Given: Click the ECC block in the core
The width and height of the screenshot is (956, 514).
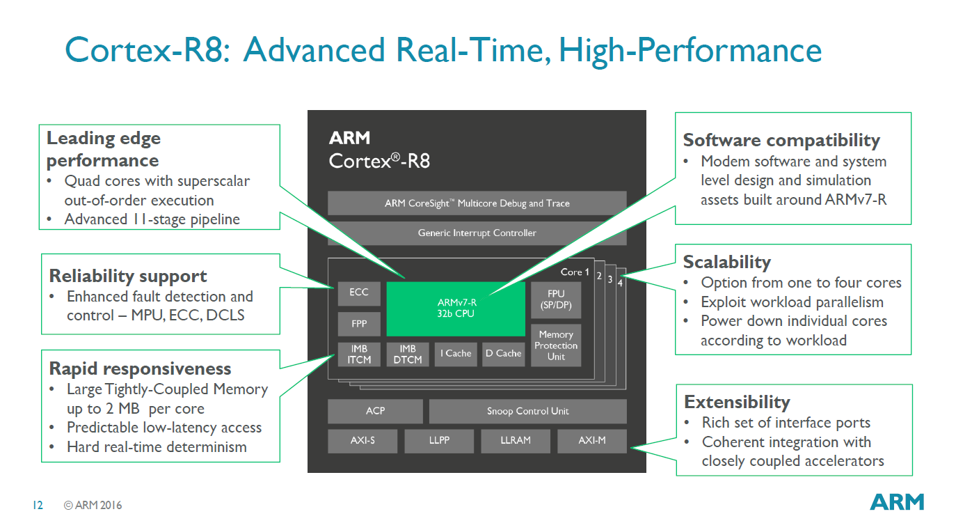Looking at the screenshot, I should [x=359, y=293].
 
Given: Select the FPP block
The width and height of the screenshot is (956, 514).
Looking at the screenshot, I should [x=359, y=325].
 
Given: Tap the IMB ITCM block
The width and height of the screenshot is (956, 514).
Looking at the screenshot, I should [x=359, y=354].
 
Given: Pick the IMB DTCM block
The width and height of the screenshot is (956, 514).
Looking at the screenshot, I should [x=408, y=354].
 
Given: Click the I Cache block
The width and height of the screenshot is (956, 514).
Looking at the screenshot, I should [x=456, y=354].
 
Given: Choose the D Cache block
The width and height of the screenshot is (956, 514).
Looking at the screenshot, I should [x=503, y=354].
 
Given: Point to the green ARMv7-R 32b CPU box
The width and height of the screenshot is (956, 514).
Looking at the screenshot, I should [x=456, y=309].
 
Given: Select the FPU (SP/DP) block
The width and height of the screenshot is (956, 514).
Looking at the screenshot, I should [x=555, y=299].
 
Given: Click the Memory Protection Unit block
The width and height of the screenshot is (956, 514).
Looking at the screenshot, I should [x=555, y=345].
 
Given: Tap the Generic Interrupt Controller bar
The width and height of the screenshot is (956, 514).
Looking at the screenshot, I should [x=477, y=233].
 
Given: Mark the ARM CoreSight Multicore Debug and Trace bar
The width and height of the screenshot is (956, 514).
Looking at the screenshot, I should [x=477, y=203].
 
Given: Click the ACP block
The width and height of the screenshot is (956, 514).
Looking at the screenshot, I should [x=375, y=411].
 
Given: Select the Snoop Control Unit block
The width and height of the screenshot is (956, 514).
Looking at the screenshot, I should [x=527, y=411].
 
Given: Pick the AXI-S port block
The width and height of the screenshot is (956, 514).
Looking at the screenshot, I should [x=363, y=441].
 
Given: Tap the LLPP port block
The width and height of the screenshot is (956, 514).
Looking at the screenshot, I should [x=439, y=441].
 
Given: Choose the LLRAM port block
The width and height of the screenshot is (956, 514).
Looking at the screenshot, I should [x=515, y=441].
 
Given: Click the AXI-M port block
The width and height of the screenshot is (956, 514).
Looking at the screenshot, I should [x=591, y=441].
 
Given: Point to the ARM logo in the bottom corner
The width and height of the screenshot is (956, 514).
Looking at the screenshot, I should [x=897, y=501].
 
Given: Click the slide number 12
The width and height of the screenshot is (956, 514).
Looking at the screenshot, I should [x=38, y=505].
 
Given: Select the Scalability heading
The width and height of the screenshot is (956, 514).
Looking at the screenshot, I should [x=727, y=263].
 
